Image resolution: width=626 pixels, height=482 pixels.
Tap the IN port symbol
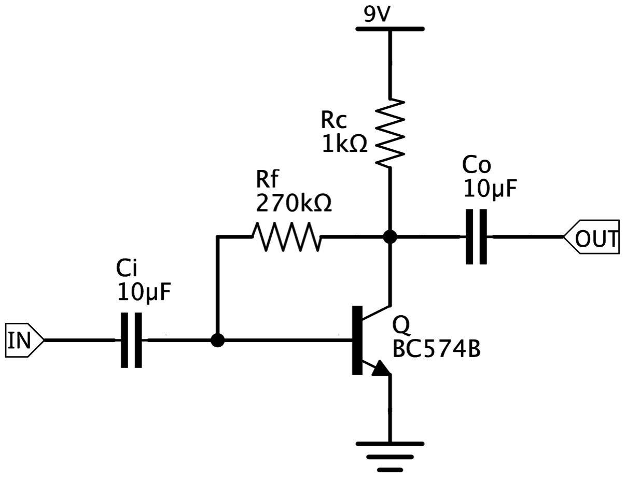(25, 340)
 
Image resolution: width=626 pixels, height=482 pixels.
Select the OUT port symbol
(591, 237)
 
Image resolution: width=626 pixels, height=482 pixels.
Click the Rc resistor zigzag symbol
(390, 133)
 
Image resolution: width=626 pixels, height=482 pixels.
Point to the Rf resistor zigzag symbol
(286, 237)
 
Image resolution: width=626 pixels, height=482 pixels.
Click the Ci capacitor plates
(131, 340)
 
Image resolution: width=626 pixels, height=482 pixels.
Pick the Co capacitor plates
(477, 237)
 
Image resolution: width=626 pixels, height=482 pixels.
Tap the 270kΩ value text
(294, 203)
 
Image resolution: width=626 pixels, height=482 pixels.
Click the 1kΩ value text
(344, 144)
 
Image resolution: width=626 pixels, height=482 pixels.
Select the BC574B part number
(437, 349)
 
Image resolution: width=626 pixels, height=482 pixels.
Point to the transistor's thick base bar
(357, 340)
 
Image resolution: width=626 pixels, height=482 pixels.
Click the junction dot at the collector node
(390, 237)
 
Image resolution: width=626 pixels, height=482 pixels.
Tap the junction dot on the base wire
(217, 341)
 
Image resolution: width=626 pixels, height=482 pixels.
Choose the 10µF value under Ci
(144, 292)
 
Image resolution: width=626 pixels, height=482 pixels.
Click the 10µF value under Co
(490, 189)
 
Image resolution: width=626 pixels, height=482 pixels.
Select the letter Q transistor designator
(401, 325)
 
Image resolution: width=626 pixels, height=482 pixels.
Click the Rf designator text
(267, 178)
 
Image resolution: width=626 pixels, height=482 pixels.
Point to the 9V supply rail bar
(390, 29)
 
